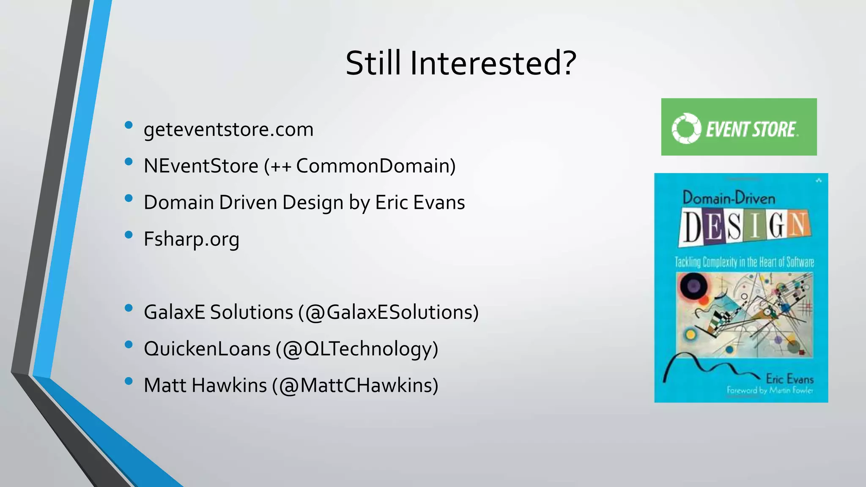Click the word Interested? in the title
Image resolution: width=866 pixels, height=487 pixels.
pyautogui.click(x=493, y=63)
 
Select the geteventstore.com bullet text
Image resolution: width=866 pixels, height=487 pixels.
pyautogui.click(x=228, y=129)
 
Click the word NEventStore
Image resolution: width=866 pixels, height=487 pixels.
pyautogui.click(x=201, y=166)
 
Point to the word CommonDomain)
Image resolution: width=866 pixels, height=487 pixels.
pyautogui.click(x=375, y=166)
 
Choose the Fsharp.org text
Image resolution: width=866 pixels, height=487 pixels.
pyautogui.click(x=191, y=239)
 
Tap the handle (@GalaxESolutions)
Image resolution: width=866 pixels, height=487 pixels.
pyautogui.click(x=388, y=312)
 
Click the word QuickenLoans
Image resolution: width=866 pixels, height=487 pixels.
pyautogui.click(x=207, y=349)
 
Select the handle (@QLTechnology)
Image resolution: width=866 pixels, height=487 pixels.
pyautogui.click(x=357, y=349)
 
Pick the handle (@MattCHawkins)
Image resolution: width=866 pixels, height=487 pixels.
pyautogui.click(x=355, y=386)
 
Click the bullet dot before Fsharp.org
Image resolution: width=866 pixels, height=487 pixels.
pyautogui.click(x=129, y=235)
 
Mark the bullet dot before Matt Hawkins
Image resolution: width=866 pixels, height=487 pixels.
pyautogui.click(x=129, y=381)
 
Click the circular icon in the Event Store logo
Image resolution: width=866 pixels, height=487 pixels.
pyautogui.click(x=686, y=128)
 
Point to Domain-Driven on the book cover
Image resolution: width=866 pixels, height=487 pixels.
pyautogui.click(x=729, y=198)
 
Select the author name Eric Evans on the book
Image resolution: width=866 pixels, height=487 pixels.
pyautogui.click(x=789, y=379)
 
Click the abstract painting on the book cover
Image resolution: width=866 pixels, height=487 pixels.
pyautogui.click(x=744, y=315)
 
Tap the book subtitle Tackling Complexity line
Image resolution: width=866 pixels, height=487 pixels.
pyautogui.click(x=744, y=262)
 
